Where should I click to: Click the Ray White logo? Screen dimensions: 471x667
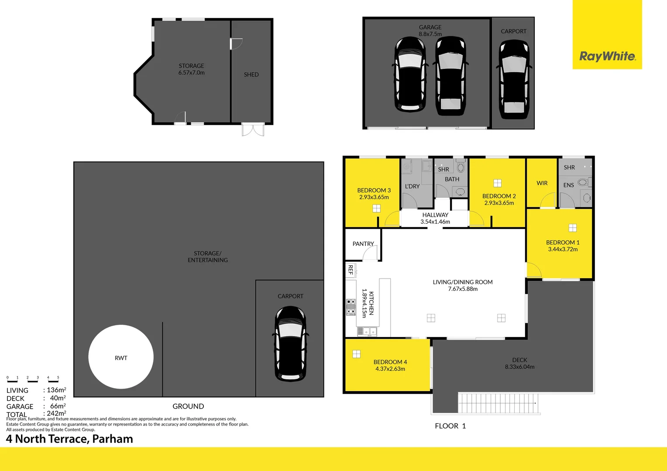coord(607,56)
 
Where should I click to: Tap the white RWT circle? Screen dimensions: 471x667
coord(121,357)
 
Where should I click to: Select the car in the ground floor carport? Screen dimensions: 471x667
coord(290,343)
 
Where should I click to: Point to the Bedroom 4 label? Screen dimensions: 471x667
coord(390,362)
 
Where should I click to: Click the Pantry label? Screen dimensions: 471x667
coord(363,244)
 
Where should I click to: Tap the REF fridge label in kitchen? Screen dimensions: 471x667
coord(351,270)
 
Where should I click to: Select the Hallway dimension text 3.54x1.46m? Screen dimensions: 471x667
coord(435,222)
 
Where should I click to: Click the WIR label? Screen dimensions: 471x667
coord(542,183)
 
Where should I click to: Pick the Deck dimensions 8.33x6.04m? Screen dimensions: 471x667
coord(519,367)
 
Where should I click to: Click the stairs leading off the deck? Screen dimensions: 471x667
coord(498,403)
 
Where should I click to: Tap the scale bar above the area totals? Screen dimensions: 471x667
coord(33,380)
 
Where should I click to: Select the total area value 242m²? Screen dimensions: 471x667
coord(56,413)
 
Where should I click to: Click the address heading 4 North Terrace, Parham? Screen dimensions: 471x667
coord(69,439)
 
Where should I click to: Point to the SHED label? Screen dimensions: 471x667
coord(251,75)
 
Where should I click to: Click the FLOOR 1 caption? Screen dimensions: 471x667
coord(450,426)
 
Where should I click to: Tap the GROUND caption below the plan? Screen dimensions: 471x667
coord(188,406)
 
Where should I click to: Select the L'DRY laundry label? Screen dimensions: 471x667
coord(412,186)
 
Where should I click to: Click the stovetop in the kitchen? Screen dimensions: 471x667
coord(351,307)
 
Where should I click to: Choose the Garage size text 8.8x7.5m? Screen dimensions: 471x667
coord(430,34)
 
